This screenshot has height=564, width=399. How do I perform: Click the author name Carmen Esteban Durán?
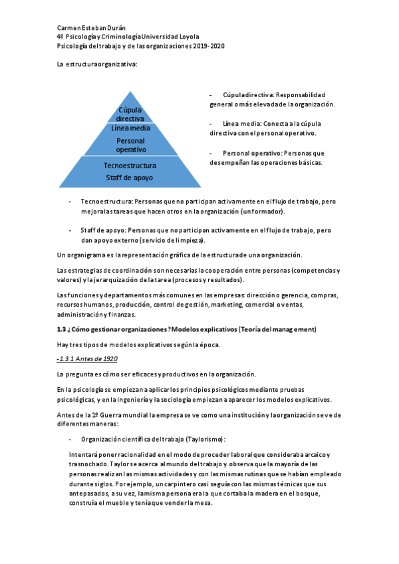pyautogui.click(x=88, y=28)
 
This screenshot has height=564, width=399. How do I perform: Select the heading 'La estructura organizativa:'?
pyautogui.click(x=96, y=65)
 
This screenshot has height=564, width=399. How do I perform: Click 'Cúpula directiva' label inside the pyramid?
pyautogui.click(x=130, y=114)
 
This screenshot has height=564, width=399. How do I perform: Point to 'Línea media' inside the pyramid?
pyautogui.click(x=130, y=128)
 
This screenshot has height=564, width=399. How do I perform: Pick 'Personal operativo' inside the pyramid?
pyautogui.click(x=130, y=145)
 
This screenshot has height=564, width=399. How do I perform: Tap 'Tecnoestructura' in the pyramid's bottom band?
pyautogui.click(x=130, y=166)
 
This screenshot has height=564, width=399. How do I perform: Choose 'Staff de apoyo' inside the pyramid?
pyautogui.click(x=130, y=178)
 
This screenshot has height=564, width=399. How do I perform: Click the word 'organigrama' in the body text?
pyautogui.click(x=87, y=255)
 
